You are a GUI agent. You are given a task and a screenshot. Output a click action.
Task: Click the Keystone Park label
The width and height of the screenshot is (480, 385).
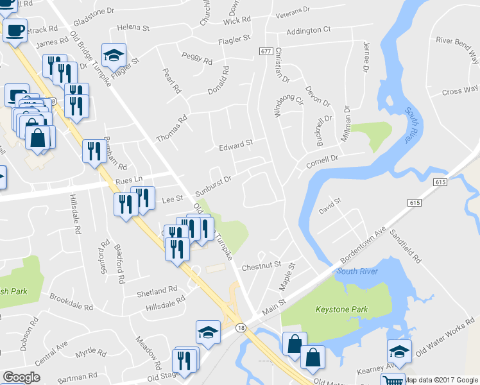[x=341, y=309]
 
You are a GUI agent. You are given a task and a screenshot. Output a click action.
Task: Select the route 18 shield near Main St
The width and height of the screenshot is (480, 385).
[x=240, y=327]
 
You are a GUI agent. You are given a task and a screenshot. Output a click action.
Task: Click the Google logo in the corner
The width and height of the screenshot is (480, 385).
[x=21, y=377]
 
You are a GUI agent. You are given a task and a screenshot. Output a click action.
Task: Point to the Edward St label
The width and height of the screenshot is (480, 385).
[x=236, y=145]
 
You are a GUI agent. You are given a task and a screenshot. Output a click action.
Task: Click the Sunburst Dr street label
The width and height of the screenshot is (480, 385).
[x=212, y=179]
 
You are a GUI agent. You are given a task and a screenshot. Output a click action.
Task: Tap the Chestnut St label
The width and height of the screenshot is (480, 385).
[x=261, y=265]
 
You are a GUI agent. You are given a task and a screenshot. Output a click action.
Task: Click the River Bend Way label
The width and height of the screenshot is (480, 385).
[x=458, y=48]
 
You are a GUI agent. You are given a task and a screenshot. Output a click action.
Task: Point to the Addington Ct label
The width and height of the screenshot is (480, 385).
[x=308, y=30]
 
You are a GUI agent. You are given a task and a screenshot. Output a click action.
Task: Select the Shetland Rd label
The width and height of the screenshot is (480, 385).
[x=156, y=291]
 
